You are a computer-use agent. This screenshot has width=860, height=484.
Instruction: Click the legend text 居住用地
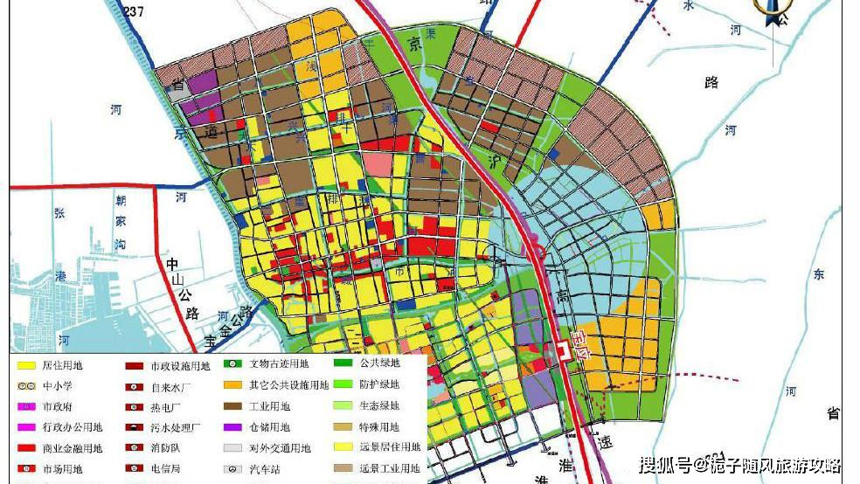(63, 364)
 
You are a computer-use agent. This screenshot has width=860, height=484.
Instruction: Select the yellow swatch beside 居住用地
(26, 364)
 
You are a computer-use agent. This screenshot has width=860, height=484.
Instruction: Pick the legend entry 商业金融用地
(73, 448)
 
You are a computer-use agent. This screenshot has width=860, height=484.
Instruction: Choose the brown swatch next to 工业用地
(232, 406)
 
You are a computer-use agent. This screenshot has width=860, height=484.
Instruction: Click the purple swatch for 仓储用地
(232, 427)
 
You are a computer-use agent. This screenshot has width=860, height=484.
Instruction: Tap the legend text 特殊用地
(378, 427)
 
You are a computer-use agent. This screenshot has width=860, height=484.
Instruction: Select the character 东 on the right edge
(818, 274)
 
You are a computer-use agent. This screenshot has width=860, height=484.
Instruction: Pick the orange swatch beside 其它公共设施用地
(232, 385)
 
